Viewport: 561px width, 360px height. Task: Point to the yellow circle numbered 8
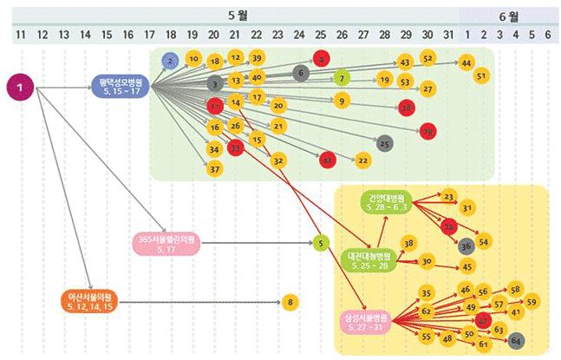pos(290,302)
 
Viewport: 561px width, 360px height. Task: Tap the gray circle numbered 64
pos(516,338)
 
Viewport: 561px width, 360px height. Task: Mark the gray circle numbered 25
pos(385,142)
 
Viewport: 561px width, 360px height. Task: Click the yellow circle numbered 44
pos(466,63)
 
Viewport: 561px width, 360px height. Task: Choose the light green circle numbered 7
pos(342,79)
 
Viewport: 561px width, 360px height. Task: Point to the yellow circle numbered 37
pos(214,167)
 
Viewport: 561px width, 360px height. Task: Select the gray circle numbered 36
pos(466,245)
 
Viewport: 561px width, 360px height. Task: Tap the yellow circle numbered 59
pos(532,301)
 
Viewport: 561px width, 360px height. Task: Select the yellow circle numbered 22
pos(362,160)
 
